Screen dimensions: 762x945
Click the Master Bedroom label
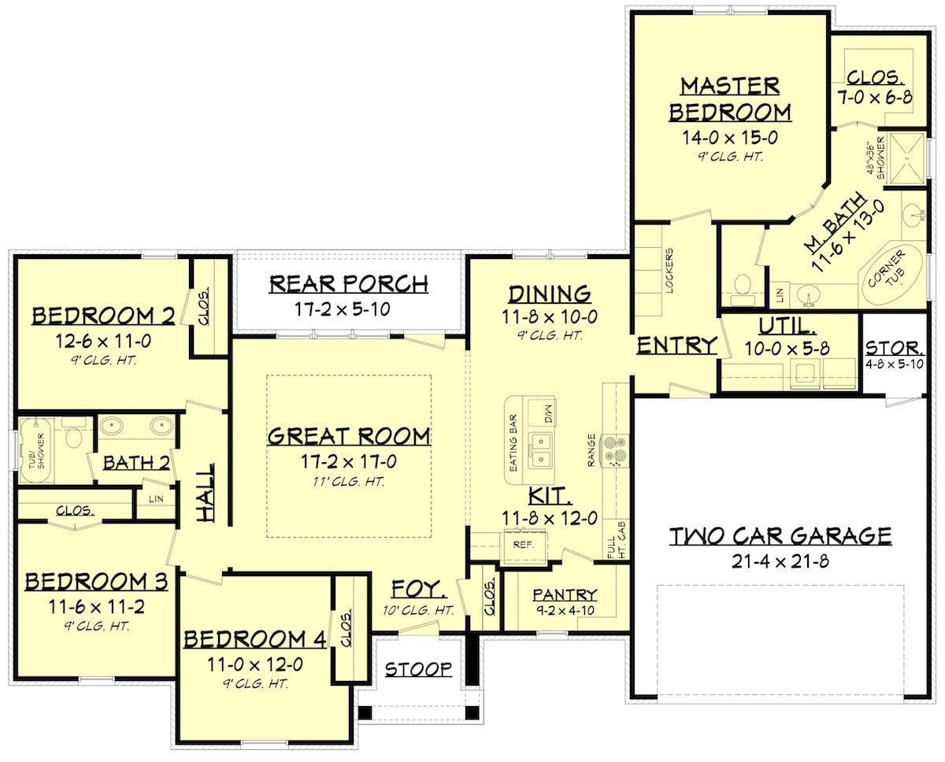(x=729, y=98)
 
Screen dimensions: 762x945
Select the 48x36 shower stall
(x=906, y=158)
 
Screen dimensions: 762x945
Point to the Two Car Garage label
(x=780, y=537)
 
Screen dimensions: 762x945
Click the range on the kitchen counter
(x=615, y=449)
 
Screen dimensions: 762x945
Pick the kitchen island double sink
(x=539, y=450)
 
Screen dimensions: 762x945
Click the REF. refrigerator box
(x=520, y=545)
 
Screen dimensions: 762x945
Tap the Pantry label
(x=565, y=594)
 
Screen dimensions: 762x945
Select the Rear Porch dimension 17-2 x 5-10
(x=348, y=309)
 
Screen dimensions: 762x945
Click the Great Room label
(x=349, y=436)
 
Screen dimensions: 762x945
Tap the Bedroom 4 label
(x=254, y=639)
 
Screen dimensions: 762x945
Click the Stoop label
(x=418, y=669)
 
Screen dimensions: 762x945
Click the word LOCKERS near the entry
(x=669, y=272)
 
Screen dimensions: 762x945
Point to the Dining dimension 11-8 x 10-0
(x=549, y=316)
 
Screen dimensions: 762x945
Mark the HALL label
(x=206, y=492)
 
